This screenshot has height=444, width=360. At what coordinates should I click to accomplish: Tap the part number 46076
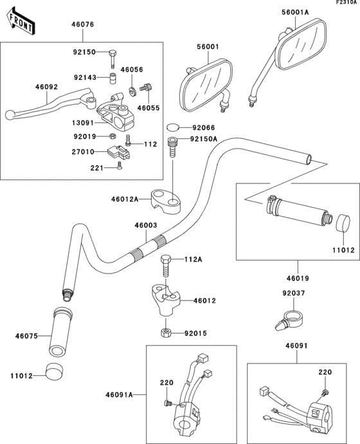[x=82, y=25]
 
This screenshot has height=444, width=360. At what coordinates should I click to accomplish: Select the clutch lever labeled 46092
[x=51, y=105]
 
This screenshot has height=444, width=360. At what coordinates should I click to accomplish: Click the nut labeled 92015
[x=165, y=333]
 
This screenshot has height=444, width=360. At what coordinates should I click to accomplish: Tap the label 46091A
[x=120, y=394]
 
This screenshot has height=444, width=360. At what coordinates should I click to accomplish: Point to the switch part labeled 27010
[x=117, y=153]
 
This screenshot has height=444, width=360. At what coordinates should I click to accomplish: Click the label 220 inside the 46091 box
[x=326, y=373]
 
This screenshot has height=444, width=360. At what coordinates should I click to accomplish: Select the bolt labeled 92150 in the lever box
[x=113, y=57]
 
